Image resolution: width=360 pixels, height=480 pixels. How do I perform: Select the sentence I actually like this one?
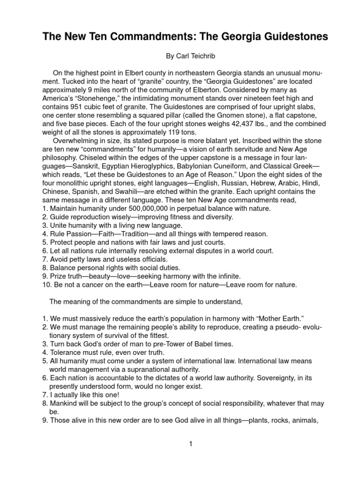pyautogui.click(x=82, y=395)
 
